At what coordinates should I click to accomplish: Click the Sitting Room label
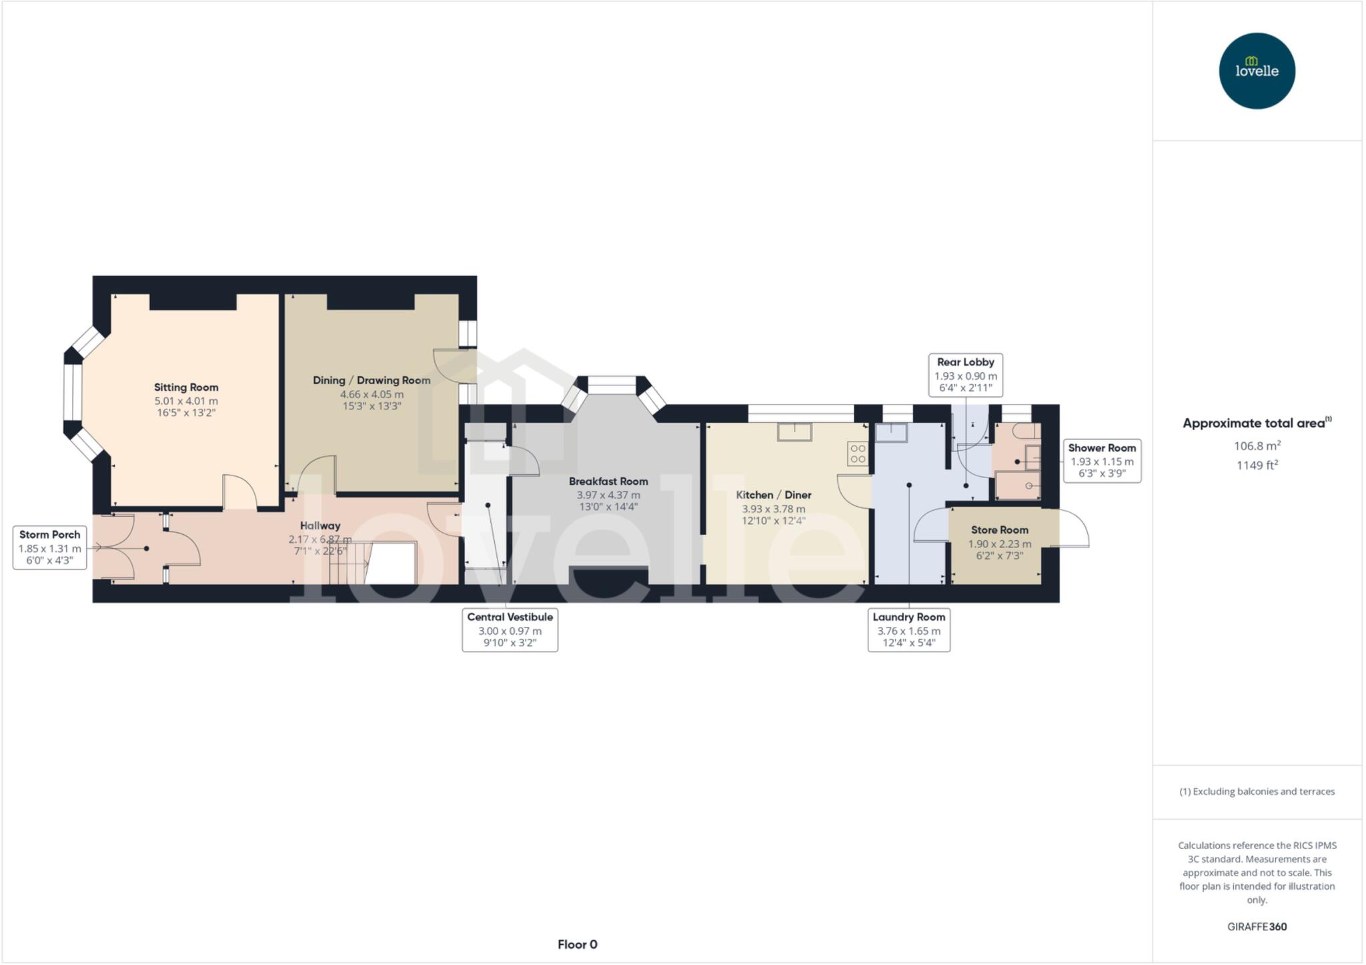186,387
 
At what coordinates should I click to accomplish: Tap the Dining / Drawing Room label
372,380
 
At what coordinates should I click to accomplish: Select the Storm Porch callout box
50,548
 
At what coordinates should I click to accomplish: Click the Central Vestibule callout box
510,630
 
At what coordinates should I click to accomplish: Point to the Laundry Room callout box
908,630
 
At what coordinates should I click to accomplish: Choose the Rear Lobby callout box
965,375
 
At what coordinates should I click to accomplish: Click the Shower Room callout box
1101,460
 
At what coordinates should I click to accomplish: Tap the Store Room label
999,530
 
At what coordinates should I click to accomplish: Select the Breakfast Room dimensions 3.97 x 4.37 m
608,495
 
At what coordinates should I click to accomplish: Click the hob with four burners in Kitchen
858,453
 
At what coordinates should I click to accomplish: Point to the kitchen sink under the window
794,432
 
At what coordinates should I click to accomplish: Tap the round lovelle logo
1257,71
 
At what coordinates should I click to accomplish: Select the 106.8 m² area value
1257,445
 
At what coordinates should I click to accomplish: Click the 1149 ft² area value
1257,465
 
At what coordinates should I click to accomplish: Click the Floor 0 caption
577,944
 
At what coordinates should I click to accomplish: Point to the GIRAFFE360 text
1257,926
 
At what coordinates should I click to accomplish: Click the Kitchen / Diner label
773,495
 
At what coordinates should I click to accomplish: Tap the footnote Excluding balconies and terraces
1257,792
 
